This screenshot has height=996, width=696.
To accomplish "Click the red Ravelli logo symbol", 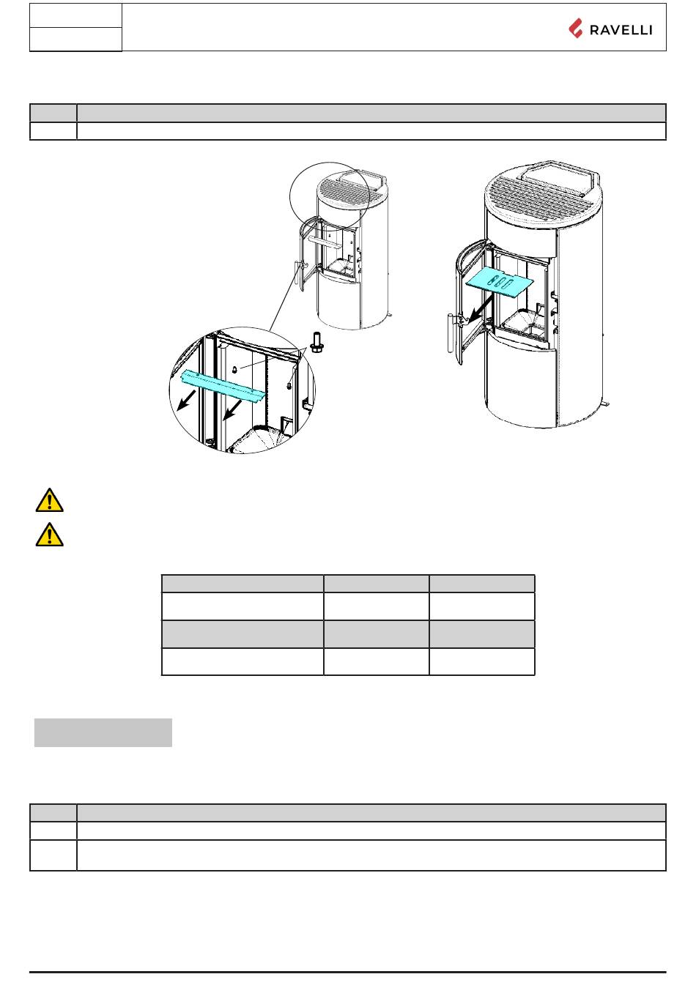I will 576,29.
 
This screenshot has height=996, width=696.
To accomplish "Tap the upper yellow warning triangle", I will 49,500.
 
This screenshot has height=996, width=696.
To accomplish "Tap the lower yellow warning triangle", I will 49,535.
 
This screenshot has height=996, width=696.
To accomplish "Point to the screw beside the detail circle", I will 317,342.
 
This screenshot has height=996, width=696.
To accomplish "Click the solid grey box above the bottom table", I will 103,732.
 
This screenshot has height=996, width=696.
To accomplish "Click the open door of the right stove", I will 469,300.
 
